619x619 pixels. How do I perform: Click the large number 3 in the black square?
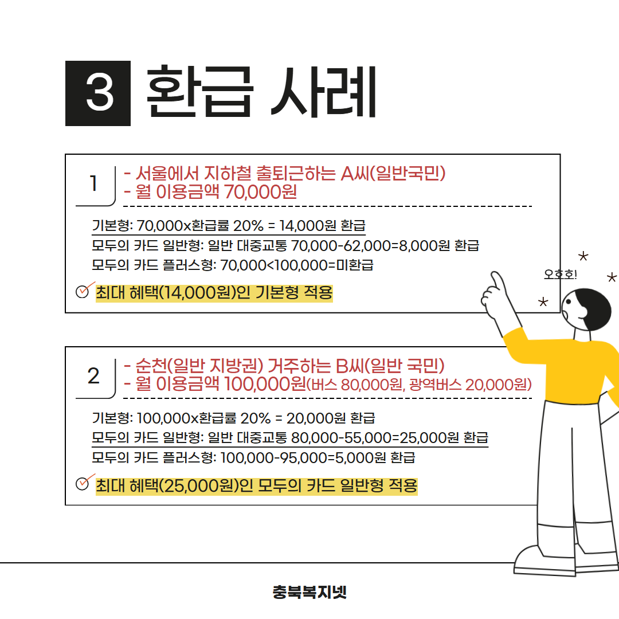[100, 93]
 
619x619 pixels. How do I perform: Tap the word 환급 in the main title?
[199, 92]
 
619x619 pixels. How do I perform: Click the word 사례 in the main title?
[323, 92]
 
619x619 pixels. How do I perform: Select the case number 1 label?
[93, 183]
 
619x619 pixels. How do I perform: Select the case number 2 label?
[93, 376]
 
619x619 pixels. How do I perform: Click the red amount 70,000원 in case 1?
[261, 192]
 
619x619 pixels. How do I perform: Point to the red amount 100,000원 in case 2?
[265, 384]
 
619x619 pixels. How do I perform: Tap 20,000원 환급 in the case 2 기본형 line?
[331, 418]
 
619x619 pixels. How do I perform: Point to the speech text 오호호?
[560, 274]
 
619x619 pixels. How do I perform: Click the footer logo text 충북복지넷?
[309, 591]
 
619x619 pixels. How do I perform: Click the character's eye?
[569, 301]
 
